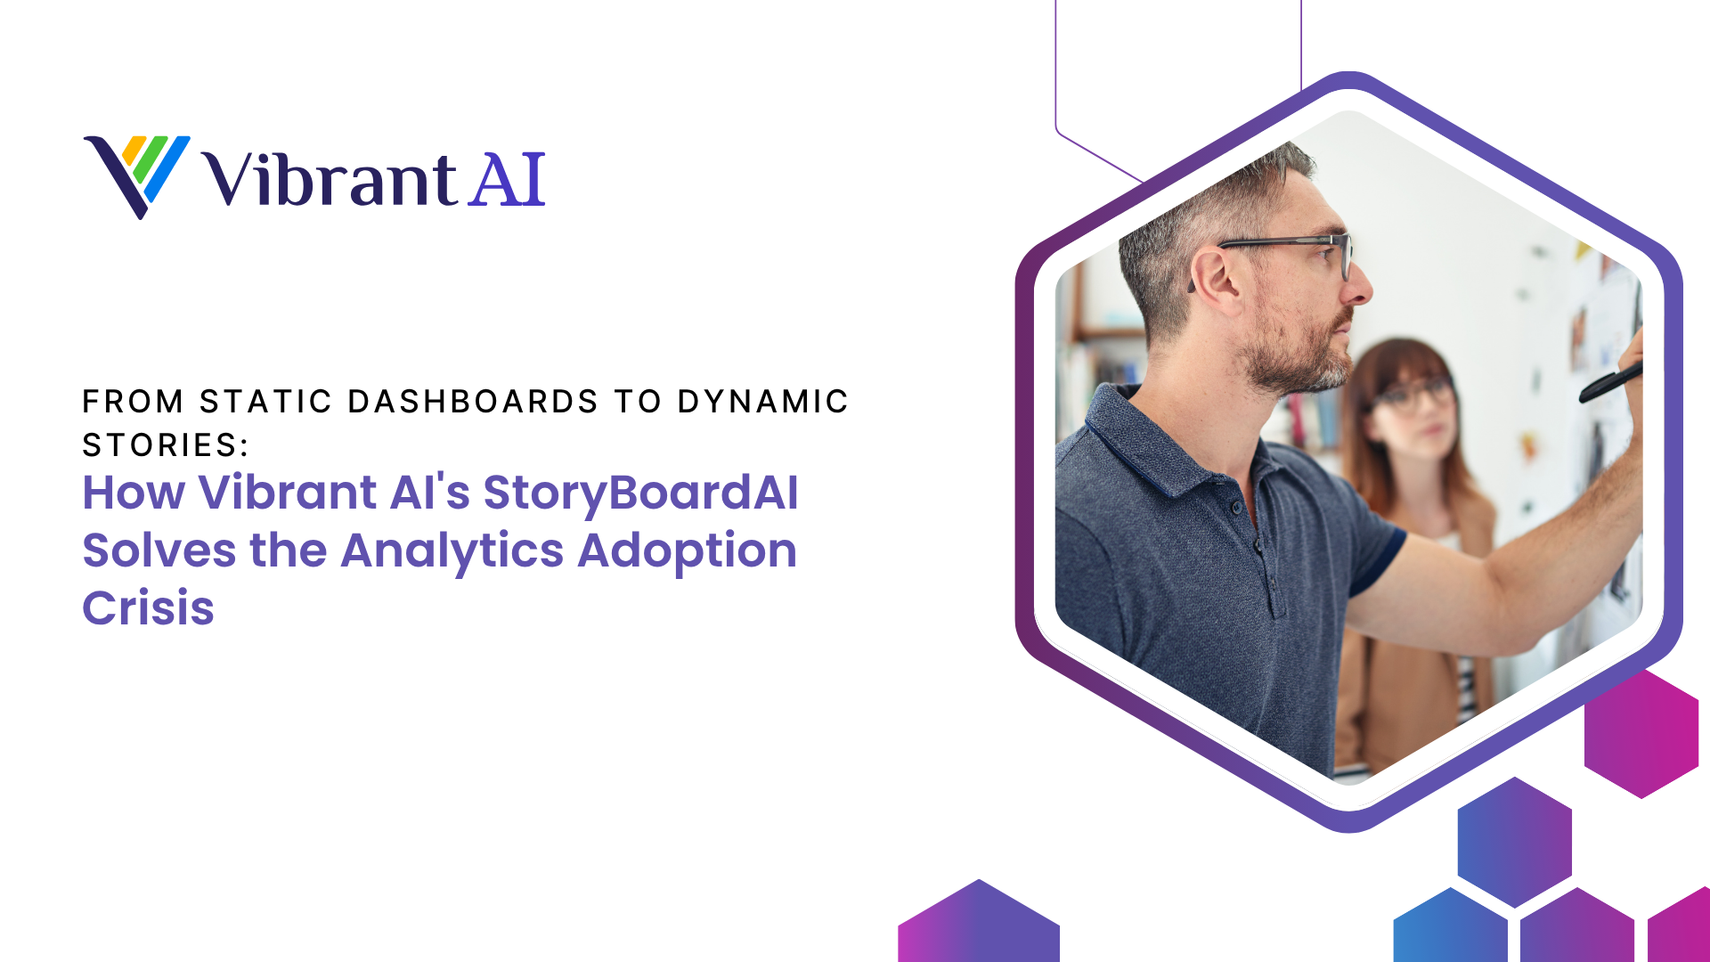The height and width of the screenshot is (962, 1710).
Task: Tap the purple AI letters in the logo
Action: point(507,180)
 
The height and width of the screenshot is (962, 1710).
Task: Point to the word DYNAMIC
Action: point(762,402)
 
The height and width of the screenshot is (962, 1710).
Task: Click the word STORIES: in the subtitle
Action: point(166,445)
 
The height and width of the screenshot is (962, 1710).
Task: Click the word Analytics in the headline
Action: point(452,551)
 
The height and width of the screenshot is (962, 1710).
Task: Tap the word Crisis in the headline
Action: point(149,608)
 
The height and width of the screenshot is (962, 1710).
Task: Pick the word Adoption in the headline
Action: point(688,551)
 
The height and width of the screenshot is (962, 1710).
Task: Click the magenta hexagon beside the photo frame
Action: point(1641,733)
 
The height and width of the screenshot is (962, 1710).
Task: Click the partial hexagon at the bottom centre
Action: point(979,921)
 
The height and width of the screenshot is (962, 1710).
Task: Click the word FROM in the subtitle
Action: point(133,402)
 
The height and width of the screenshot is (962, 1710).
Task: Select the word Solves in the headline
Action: point(159,551)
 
